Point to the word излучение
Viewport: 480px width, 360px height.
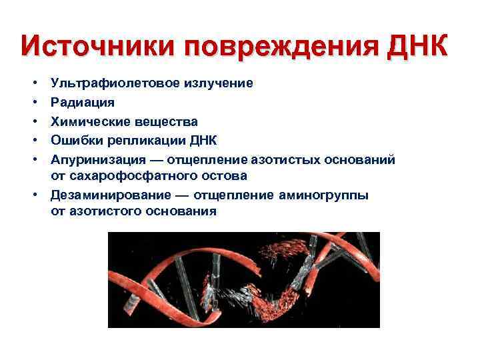(221, 84)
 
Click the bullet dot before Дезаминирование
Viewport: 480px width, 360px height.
(33, 195)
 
